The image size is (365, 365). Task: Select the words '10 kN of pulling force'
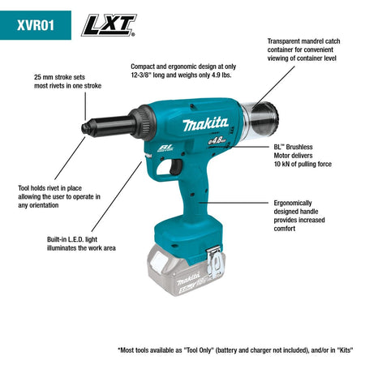pos(303,165)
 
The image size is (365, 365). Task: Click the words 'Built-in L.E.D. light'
pos(81,238)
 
